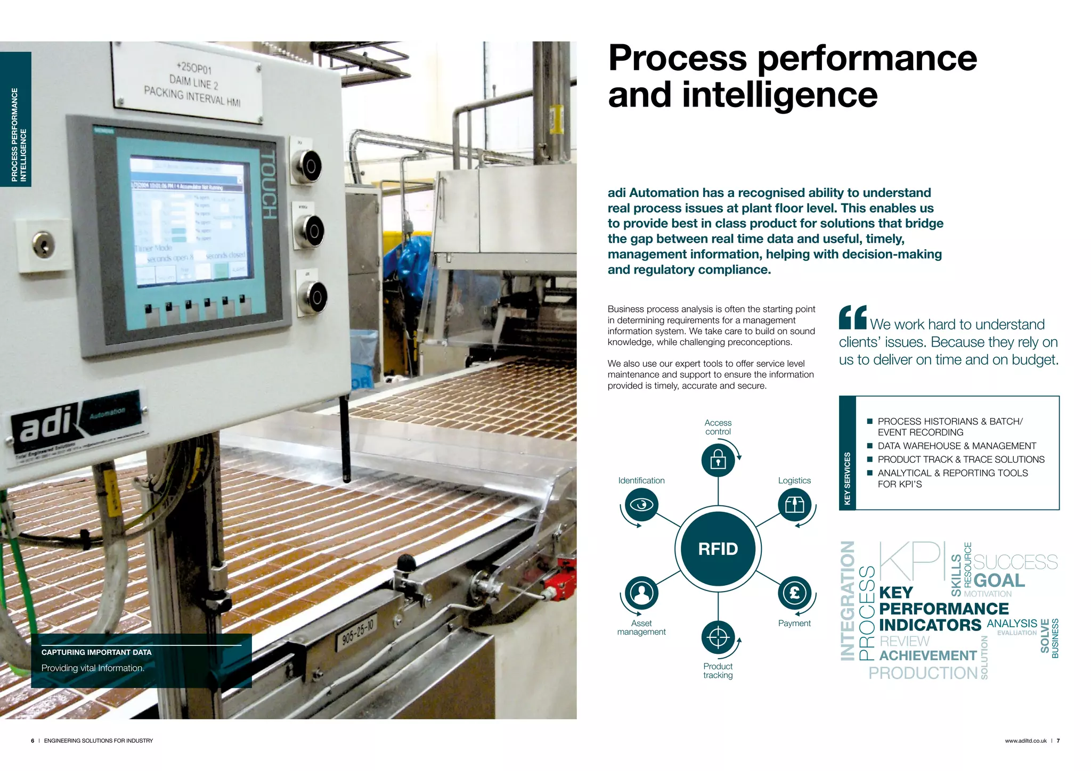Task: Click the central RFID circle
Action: coord(718,549)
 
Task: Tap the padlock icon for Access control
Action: coord(718,459)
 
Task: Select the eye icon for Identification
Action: coord(641,504)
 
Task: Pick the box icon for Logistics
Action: coord(794,504)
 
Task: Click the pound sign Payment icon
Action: coord(794,593)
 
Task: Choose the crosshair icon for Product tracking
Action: coord(718,637)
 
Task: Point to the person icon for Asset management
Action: coord(641,593)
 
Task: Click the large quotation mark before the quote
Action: coord(852,317)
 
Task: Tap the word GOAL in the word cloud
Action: coord(999,580)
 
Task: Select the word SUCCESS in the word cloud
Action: coord(1015,562)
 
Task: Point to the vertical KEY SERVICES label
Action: coord(848,478)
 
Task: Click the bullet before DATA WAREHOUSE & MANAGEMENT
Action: coord(870,446)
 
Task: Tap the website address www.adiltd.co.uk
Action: coord(1025,741)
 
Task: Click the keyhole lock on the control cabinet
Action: coord(43,245)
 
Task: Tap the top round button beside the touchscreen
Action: coord(308,166)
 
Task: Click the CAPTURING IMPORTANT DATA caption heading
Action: coord(96,652)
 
